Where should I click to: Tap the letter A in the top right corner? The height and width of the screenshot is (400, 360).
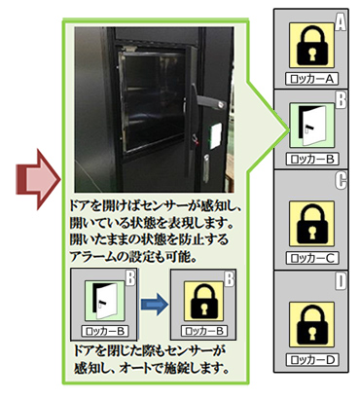pyautogui.click(x=342, y=18)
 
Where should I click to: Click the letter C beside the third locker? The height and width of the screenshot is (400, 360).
pyautogui.click(x=342, y=181)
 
